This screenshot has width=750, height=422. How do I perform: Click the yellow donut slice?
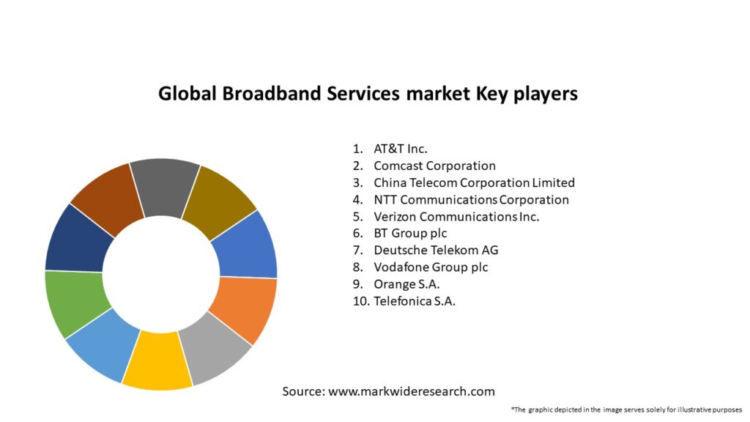click(x=157, y=360)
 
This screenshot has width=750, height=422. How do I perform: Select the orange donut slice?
click(x=244, y=306)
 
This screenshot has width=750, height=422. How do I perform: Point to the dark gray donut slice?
click(x=164, y=187)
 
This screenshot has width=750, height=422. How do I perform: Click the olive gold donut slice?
click(x=218, y=200)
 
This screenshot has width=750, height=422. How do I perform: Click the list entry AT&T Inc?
click(x=401, y=149)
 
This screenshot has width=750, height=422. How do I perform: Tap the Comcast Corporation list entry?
click(x=434, y=166)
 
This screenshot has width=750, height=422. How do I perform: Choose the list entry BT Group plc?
click(x=410, y=234)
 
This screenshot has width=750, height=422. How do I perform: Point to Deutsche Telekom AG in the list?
click(x=436, y=251)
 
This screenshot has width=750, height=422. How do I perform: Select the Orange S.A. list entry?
click(x=406, y=284)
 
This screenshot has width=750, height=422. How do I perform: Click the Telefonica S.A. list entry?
click(x=415, y=301)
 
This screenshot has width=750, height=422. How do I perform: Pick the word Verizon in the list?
click(x=395, y=217)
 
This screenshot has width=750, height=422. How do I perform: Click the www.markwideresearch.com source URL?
click(x=412, y=391)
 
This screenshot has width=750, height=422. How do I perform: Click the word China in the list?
click(x=390, y=182)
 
